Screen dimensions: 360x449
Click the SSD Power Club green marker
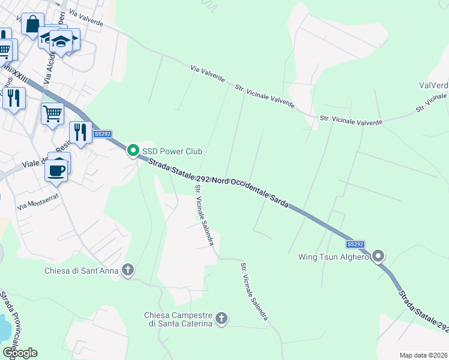tap(132, 152)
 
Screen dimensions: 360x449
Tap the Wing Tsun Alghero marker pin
tap(378, 257)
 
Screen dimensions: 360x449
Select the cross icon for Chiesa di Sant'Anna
tap(127, 270)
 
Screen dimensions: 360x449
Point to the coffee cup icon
tap(56, 169)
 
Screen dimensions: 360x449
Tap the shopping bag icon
tap(32, 25)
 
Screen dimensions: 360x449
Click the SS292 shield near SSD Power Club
tap(102, 134)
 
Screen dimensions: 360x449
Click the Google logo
tap(20, 352)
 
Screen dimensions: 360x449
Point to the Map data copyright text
tap(423, 355)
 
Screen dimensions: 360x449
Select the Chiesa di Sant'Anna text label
tap(82, 271)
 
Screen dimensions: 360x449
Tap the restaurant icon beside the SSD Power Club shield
tap(80, 131)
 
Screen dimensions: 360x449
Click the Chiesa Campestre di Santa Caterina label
tap(178, 319)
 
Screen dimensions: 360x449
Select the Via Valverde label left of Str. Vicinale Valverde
tap(208, 74)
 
